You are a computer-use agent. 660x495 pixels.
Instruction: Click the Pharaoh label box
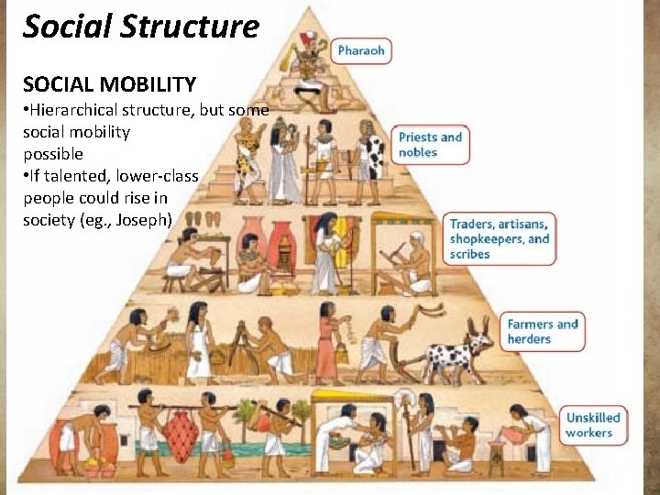[361, 50]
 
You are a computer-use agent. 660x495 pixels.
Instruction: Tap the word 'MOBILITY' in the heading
[149, 85]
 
